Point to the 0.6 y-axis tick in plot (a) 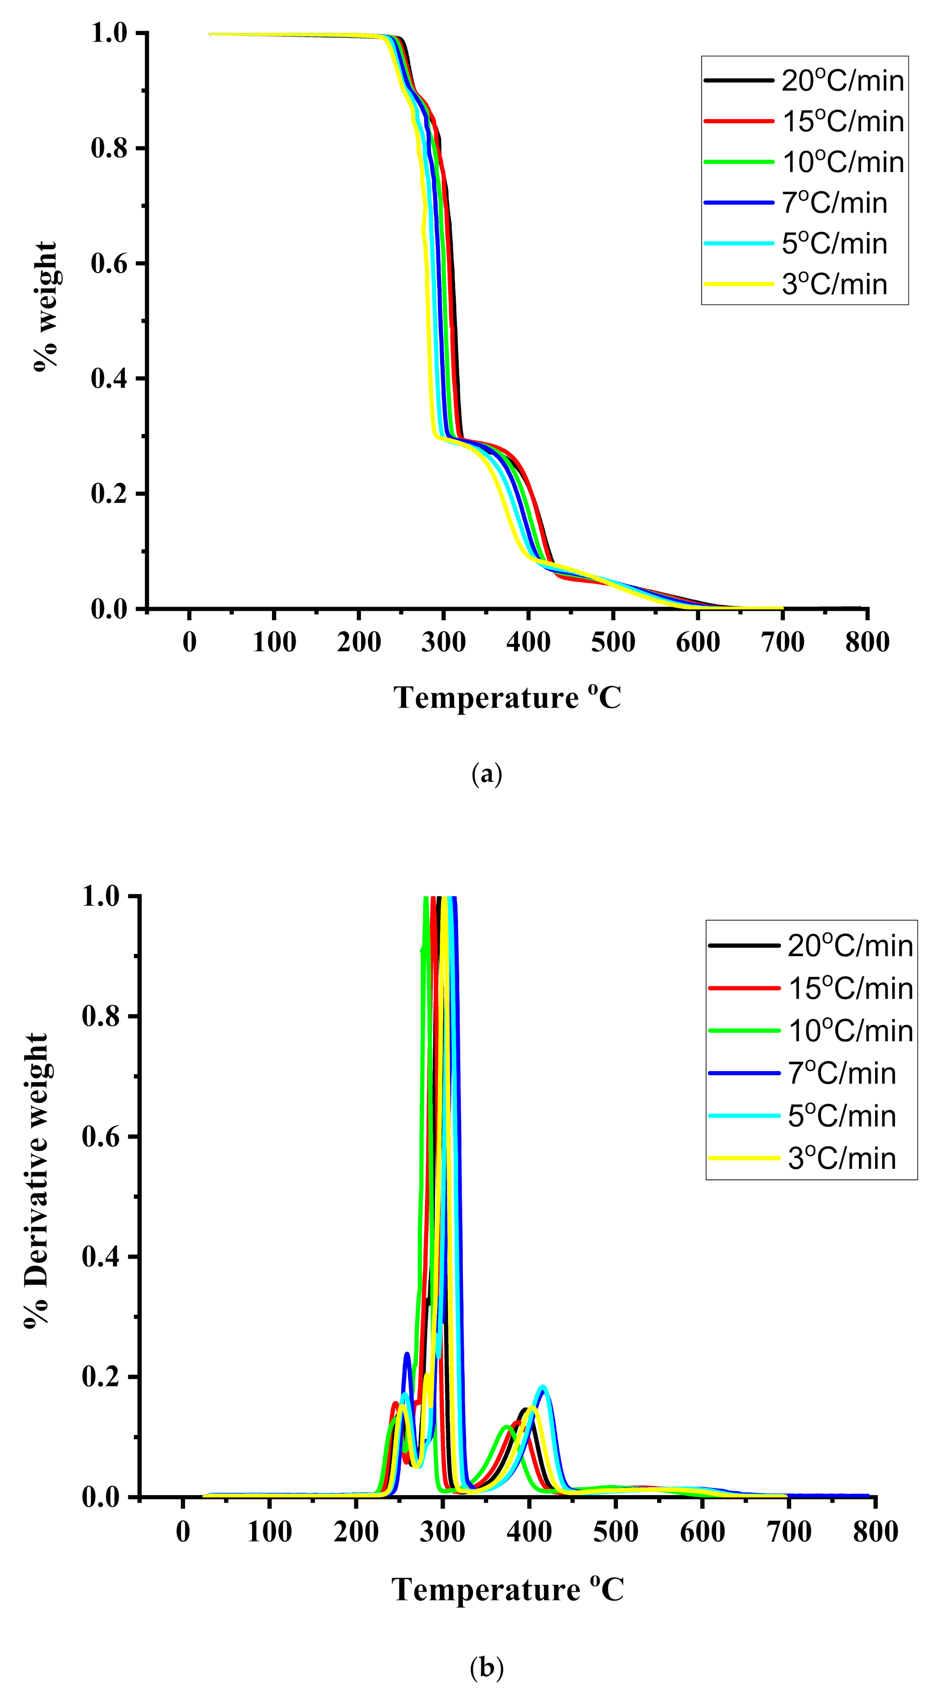point(108,263)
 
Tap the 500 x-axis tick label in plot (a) point(613,642)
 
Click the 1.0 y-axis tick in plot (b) point(100,897)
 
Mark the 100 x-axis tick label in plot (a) point(274,642)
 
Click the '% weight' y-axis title point(45,307)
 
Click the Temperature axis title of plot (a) point(507,698)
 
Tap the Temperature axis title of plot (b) point(507,1589)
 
